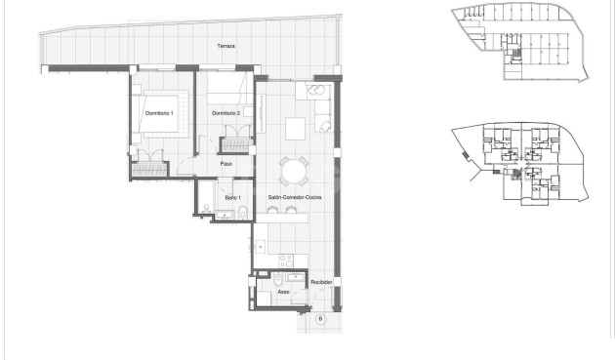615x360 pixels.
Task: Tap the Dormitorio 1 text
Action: (x=158, y=114)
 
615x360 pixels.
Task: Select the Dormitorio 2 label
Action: (x=226, y=114)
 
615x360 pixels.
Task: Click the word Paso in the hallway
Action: (x=225, y=164)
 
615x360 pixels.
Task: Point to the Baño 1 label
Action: (x=231, y=198)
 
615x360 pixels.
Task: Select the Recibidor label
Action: (x=322, y=282)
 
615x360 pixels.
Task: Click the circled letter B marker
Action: (x=321, y=318)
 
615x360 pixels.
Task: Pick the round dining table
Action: (x=293, y=172)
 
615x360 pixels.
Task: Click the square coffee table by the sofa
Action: (x=294, y=127)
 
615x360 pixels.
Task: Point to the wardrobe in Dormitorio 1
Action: (x=151, y=170)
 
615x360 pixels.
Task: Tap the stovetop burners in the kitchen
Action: (x=287, y=260)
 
